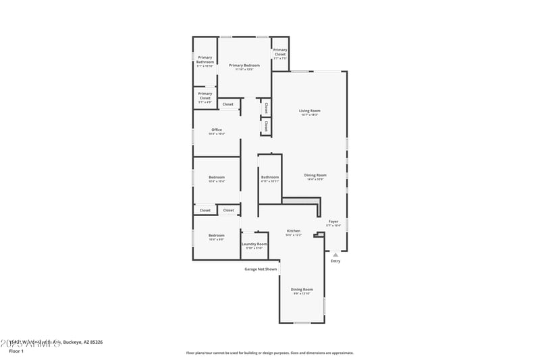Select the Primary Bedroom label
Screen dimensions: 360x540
(244, 66)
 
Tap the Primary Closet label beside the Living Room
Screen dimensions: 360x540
(280, 52)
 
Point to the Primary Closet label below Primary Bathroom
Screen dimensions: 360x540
(205, 96)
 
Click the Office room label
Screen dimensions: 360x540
(217, 130)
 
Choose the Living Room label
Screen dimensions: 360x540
(310, 111)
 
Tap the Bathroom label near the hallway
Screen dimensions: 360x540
(269, 177)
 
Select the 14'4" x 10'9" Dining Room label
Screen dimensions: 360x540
(315, 176)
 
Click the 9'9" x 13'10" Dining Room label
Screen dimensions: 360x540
(302, 289)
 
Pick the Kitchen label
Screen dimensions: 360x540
(293, 231)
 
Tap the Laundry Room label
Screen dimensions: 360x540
(254, 244)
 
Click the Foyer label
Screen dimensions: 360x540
(333, 222)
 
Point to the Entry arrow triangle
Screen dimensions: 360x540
(335, 255)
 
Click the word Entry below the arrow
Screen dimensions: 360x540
(335, 261)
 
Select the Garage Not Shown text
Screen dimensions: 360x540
(261, 269)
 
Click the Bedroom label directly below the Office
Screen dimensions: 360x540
(217, 177)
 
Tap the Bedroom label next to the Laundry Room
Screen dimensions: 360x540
(217, 235)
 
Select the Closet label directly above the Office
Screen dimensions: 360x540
(228, 104)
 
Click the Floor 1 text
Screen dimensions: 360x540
(16, 351)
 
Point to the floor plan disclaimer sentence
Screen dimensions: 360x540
(269, 353)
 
